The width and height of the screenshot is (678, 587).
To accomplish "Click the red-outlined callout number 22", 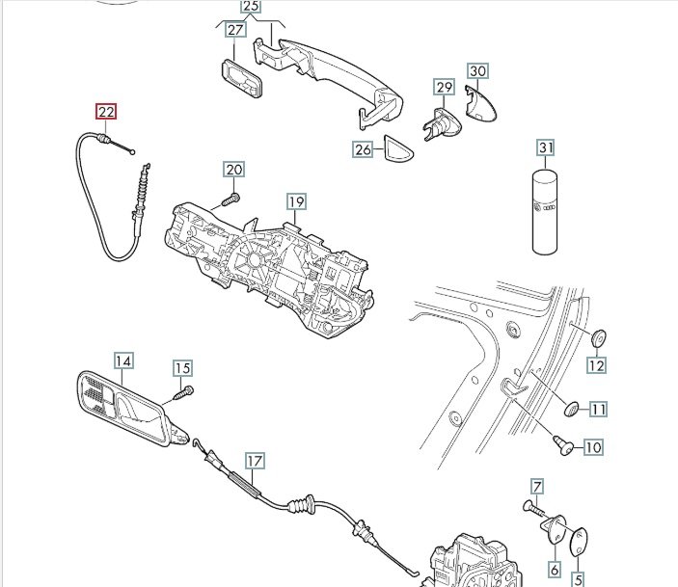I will (x=106, y=112).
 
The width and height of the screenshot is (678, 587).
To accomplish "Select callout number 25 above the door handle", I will (x=250, y=7).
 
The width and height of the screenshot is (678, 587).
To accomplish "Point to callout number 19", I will (x=296, y=201).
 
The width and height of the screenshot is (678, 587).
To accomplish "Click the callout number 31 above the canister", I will (x=547, y=147).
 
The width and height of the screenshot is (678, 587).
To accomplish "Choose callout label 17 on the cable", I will (x=254, y=461).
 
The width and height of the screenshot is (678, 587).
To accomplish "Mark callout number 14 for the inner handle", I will (x=122, y=361).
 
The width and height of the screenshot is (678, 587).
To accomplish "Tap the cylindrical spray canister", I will (x=547, y=212).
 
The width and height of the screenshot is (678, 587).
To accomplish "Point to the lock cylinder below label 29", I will (x=440, y=124).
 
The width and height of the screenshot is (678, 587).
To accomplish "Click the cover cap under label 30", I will (x=479, y=102).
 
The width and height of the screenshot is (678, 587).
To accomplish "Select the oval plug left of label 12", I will (x=597, y=337).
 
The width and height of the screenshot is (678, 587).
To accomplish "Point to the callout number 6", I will (x=554, y=569).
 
